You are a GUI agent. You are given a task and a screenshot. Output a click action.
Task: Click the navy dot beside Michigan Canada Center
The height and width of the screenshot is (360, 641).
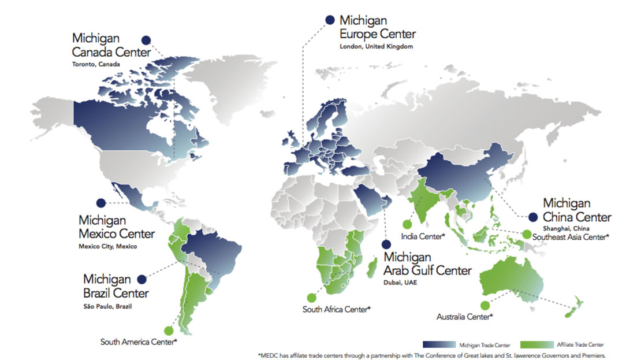coord(146,40)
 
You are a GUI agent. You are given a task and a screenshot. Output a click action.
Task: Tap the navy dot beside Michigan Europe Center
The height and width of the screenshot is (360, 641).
coord(330,20)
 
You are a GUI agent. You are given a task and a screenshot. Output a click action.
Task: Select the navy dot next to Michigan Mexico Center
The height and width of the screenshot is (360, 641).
coord(101,203)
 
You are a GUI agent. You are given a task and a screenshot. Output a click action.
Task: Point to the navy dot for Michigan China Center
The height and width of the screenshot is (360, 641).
coord(532,217)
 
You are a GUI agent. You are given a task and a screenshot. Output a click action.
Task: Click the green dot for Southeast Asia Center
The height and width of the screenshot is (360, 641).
coord(527,234)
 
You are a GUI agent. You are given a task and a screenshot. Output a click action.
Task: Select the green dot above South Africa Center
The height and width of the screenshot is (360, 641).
coord(312,298)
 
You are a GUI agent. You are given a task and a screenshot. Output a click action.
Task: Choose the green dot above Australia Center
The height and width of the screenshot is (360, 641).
coord(485,305)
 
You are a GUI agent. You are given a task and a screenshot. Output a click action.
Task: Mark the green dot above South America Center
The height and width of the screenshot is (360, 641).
coord(168,331)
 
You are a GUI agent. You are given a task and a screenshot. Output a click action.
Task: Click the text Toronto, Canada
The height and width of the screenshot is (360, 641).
coord(96,64)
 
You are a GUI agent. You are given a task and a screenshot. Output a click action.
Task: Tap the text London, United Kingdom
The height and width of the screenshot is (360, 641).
coord(376,46)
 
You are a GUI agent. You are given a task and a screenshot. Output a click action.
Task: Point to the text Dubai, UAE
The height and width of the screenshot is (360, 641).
coord(400,283)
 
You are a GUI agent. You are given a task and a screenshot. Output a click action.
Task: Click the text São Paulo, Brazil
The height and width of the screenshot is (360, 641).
coord(107,306)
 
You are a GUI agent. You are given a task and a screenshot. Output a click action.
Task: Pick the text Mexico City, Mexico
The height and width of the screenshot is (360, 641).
coord(107,246)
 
